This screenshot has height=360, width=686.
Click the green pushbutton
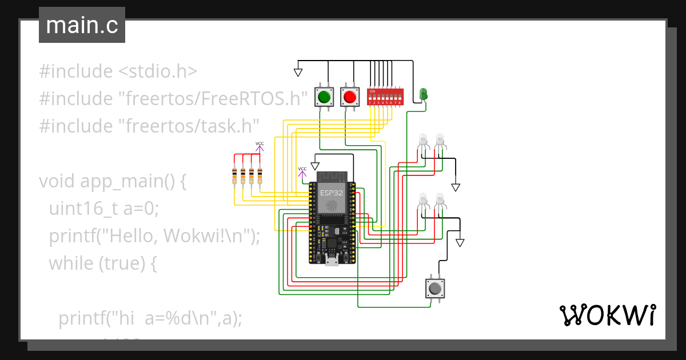coord(324,97)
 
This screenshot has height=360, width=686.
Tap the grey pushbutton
coord(435,288)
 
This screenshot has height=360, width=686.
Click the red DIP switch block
coord(385,97)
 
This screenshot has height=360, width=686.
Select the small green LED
coord(424,94)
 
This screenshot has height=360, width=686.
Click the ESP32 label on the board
coord(332,193)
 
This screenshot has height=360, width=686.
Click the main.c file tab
coord(82,25)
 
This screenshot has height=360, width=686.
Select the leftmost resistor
coord(234,175)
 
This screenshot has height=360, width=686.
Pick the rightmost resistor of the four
coord(260,175)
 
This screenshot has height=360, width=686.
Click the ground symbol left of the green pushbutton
coord(298,73)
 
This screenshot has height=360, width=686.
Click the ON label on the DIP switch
coord(372,91)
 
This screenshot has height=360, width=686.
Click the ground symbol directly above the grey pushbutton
coord(460,243)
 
